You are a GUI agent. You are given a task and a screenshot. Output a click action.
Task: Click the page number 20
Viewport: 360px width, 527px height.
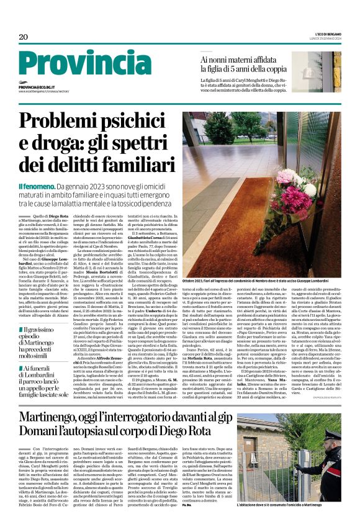[23, 37]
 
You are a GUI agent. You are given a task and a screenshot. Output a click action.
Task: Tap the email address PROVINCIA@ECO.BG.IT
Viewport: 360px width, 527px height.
[38, 88]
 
